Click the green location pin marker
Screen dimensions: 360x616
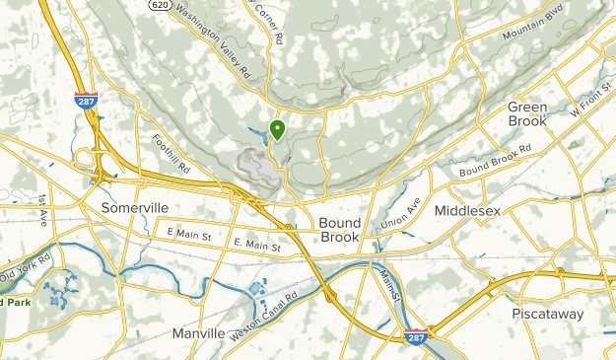click(277, 129)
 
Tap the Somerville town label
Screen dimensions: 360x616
click(135, 208)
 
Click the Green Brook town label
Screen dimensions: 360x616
click(527, 113)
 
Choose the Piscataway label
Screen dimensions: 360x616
click(547, 315)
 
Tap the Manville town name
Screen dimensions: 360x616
click(198, 333)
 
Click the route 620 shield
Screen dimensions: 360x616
click(160, 5)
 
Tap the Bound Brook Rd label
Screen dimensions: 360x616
click(495, 162)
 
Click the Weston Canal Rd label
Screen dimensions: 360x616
click(263, 303)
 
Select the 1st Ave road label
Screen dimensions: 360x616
click(43, 211)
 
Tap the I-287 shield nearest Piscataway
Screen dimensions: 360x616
click(416, 336)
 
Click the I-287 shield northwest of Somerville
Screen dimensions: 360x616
click(84, 100)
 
